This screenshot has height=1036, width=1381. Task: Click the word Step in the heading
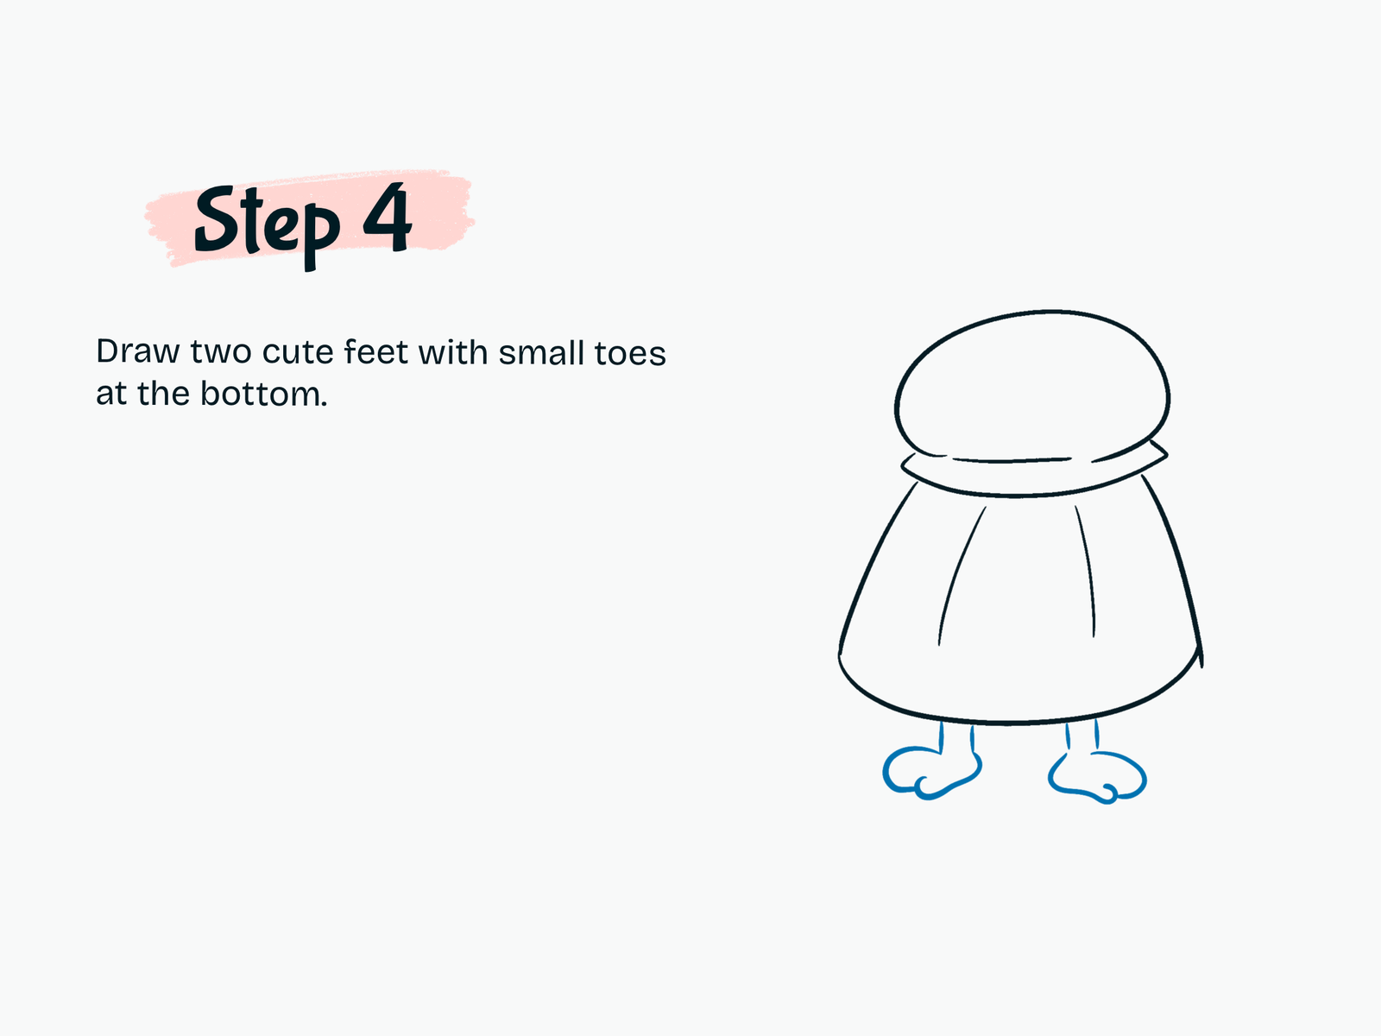267,226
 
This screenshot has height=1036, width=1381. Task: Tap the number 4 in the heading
388,217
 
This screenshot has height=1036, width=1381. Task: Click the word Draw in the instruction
138,351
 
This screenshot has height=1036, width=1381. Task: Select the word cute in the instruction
298,352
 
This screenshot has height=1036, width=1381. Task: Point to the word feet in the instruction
376,351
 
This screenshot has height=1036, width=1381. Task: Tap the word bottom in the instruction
263,394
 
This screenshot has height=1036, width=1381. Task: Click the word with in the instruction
453,351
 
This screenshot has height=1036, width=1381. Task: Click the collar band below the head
1031,495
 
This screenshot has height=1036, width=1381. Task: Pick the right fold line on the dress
1089,569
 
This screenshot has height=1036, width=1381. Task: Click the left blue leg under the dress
957,737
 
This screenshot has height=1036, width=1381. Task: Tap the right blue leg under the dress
1082,735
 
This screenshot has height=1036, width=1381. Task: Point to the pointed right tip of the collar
1168,453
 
